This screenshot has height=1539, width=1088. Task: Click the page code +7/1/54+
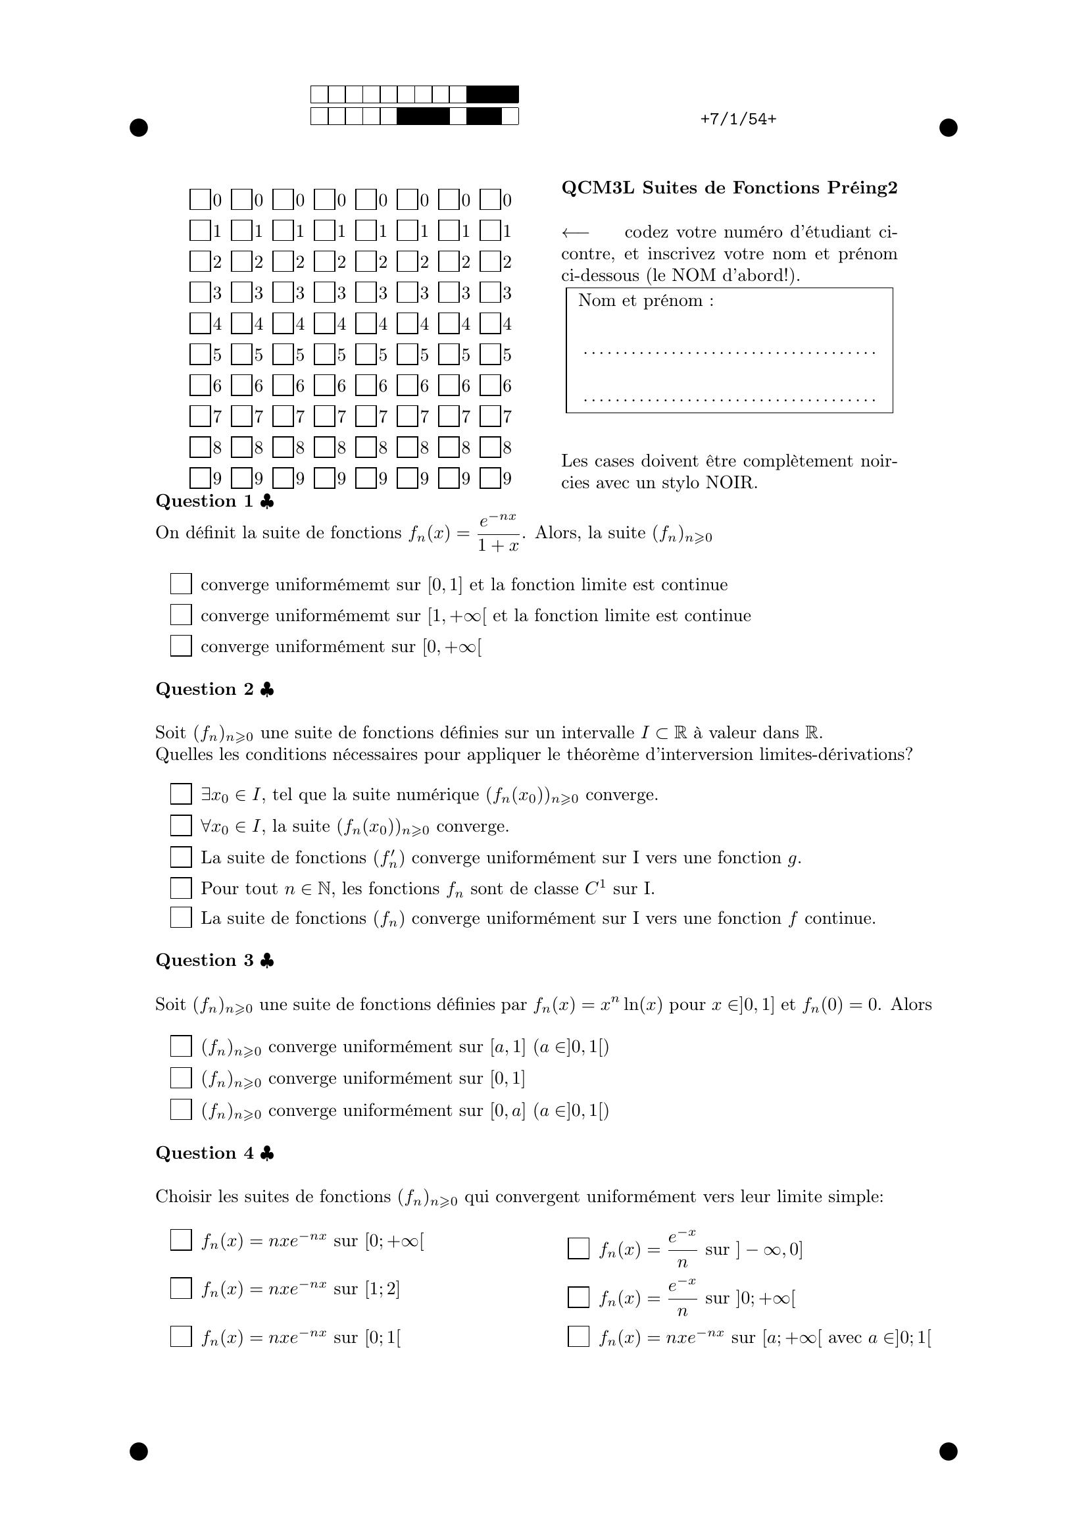pos(738,119)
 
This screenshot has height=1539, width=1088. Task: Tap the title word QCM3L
pos(597,188)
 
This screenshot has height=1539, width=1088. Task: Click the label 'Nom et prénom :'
pos(646,301)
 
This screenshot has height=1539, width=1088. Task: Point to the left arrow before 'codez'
pos(575,232)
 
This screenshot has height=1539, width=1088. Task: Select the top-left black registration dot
pos(139,128)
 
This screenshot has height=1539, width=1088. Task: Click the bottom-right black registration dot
pos(948,1451)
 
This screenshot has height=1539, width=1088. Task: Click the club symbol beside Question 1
pos(266,501)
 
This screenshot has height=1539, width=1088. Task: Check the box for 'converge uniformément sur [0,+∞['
pos(181,646)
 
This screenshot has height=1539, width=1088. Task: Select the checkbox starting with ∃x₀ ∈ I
pos(181,794)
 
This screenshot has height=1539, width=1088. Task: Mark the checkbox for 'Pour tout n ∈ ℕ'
pos(181,888)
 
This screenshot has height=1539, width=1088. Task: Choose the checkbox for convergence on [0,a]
pos(181,1110)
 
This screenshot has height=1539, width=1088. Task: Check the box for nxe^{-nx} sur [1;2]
pos(181,1288)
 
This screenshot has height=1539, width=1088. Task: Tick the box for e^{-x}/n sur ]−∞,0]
pos(578,1249)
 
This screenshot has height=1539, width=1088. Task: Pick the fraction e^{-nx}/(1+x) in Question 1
pos(498,533)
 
